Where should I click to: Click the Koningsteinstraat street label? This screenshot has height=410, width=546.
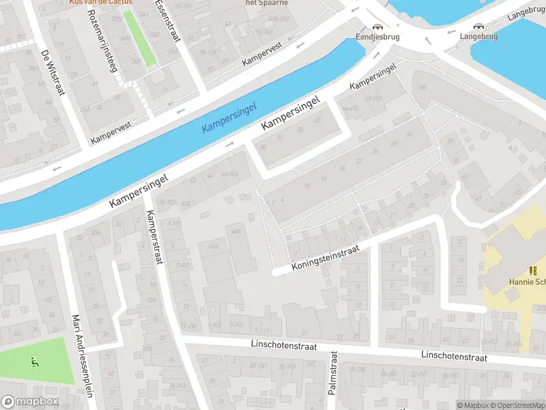[x=326, y=259]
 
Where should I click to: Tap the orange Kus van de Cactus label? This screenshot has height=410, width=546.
[x=101, y=3]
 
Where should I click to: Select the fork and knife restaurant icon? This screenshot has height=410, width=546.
[x=533, y=270]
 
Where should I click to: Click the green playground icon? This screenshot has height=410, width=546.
[x=34, y=361]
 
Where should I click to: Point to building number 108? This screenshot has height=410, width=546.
[x=422, y=87]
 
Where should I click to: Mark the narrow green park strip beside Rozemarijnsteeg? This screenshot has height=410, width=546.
[x=140, y=38]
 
